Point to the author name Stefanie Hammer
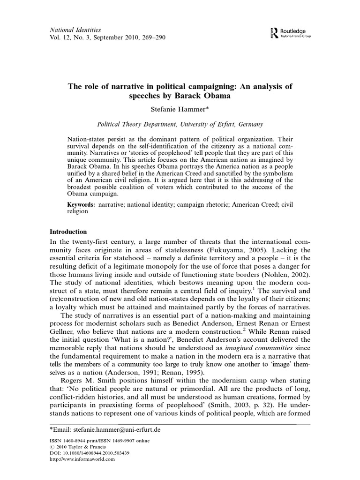(180, 109)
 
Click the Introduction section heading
(68, 232)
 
